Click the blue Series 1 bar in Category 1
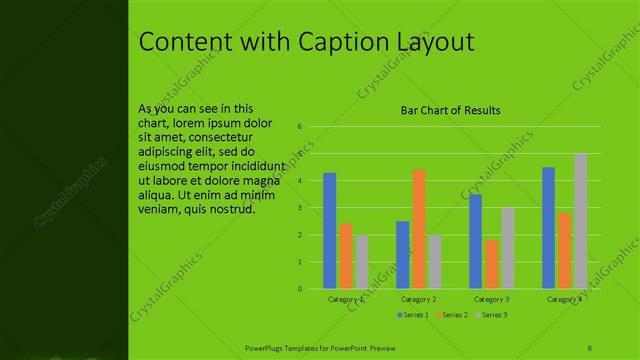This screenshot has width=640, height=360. pyautogui.click(x=330, y=231)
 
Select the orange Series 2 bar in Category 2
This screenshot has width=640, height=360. pyautogui.click(x=418, y=229)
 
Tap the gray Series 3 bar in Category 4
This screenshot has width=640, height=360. pyautogui.click(x=580, y=221)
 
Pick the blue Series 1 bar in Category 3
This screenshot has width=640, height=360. pyautogui.click(x=475, y=241)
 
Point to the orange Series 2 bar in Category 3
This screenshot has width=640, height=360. pyautogui.click(x=491, y=264)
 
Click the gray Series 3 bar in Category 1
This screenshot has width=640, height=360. pyautogui.click(x=361, y=262)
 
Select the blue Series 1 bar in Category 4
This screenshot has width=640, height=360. pyautogui.click(x=548, y=228)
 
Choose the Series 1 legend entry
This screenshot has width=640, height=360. pyautogui.click(x=414, y=315)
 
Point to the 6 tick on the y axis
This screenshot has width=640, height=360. pyautogui.click(x=299, y=127)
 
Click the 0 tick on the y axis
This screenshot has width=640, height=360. pyautogui.click(x=299, y=289)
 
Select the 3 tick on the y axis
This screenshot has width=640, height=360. pyautogui.click(x=299, y=208)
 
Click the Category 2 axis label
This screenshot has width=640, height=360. pyautogui.click(x=418, y=299)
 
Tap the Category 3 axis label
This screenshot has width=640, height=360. pyautogui.click(x=491, y=299)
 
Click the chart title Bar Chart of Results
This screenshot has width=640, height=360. pyautogui.click(x=450, y=110)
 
